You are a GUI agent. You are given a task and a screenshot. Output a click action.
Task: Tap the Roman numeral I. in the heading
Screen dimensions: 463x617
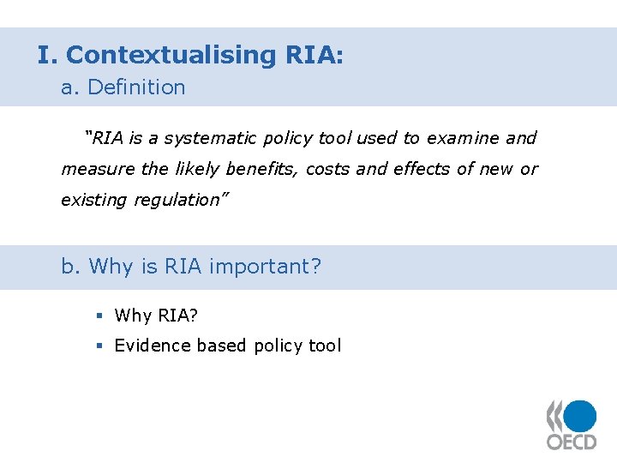pos(46,55)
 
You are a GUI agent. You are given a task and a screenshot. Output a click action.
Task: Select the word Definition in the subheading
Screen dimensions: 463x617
pos(136,87)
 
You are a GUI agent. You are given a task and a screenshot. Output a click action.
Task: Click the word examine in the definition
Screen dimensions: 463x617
pos(464,138)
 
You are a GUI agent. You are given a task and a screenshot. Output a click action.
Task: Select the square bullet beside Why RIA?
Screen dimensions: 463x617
pos(99,316)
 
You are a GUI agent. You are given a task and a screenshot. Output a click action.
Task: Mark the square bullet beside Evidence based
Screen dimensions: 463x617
pos(99,346)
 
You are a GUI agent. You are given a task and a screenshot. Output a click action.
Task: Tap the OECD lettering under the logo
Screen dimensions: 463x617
pos(572,442)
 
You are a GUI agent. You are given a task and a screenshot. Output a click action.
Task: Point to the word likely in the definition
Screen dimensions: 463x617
pos(197,169)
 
